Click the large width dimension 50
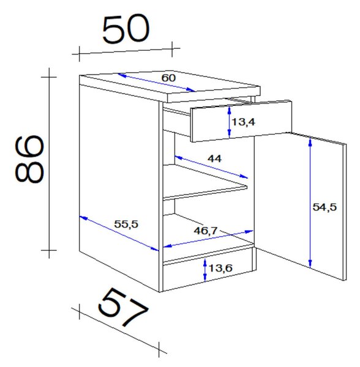pos(126,29)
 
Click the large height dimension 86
pos(29,159)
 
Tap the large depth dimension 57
pos(124,307)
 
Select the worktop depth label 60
pos(168,78)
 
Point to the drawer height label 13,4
pos(243,122)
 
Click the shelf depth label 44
pos(214,158)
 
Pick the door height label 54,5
pos(324,207)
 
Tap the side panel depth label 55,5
pos(126,224)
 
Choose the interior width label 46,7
pos(206,231)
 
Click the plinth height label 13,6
pos(220,269)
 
